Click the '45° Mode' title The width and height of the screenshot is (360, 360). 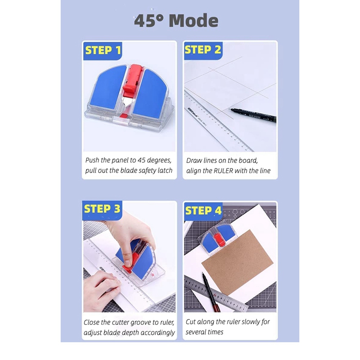pyautogui.click(x=176, y=21)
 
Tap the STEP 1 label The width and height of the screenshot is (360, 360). pyautogui.click(x=103, y=50)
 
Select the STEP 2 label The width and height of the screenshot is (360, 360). pyautogui.click(x=203, y=50)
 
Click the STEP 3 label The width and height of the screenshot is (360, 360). pyautogui.click(x=102, y=209)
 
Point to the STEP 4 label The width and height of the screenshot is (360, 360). pyautogui.click(x=203, y=211)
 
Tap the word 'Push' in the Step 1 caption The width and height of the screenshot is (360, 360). pyautogui.click(x=94, y=160)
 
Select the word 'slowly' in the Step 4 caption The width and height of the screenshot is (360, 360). pyautogui.click(x=248, y=322)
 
